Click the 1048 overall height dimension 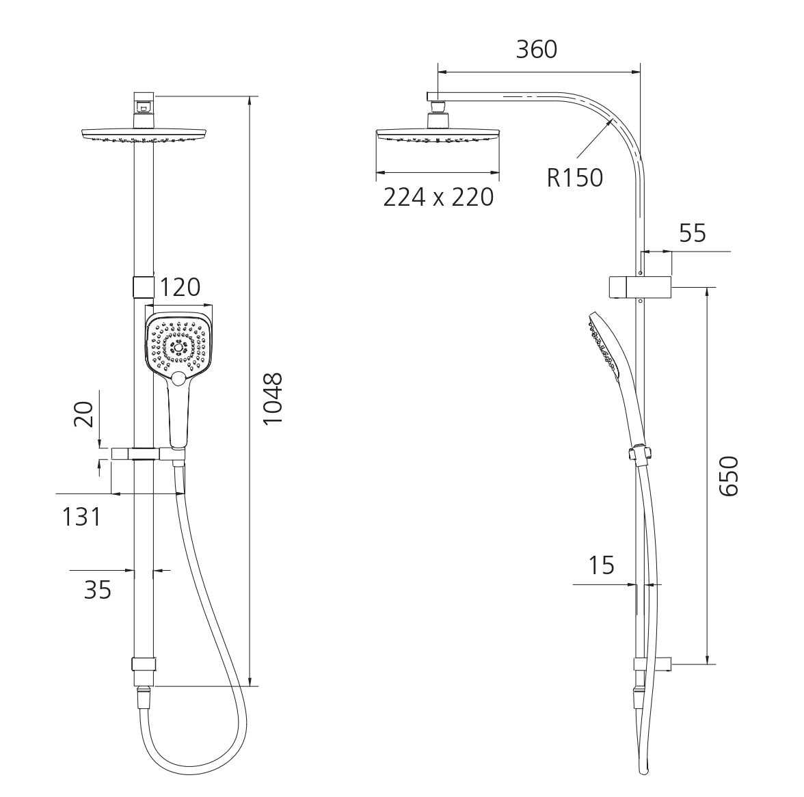coord(272,398)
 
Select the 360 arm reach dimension coord(536,50)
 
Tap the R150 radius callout coord(575,177)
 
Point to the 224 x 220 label coord(438,197)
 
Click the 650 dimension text coord(728,476)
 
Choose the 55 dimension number coord(693,233)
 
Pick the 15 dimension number coord(601,565)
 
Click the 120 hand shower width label coord(179,288)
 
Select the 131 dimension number coord(81,517)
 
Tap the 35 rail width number coord(97,590)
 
